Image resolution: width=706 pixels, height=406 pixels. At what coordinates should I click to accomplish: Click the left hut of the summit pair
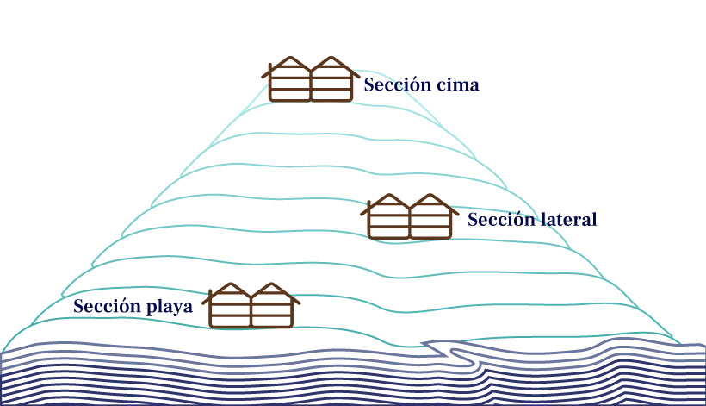[288, 78]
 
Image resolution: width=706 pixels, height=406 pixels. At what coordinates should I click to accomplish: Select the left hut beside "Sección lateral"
[387, 216]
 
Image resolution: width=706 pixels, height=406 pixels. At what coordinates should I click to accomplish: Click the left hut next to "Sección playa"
[228, 305]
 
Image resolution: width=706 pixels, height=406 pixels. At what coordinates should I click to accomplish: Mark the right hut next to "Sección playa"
[274, 305]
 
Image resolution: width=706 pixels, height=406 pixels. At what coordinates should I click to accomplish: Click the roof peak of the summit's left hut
[290, 57]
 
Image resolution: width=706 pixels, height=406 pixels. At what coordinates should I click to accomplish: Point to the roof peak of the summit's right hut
[331, 57]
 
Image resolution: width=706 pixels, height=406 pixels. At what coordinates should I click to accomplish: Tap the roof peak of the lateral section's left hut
[389, 195]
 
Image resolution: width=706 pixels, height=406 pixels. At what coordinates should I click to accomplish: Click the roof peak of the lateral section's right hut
[430, 195]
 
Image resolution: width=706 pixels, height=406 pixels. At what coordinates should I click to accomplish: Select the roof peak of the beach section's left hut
[231, 284]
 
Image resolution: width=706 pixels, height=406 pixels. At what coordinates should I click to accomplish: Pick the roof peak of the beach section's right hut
[271, 284]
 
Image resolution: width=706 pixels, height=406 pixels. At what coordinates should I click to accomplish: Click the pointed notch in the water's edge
[424, 344]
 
